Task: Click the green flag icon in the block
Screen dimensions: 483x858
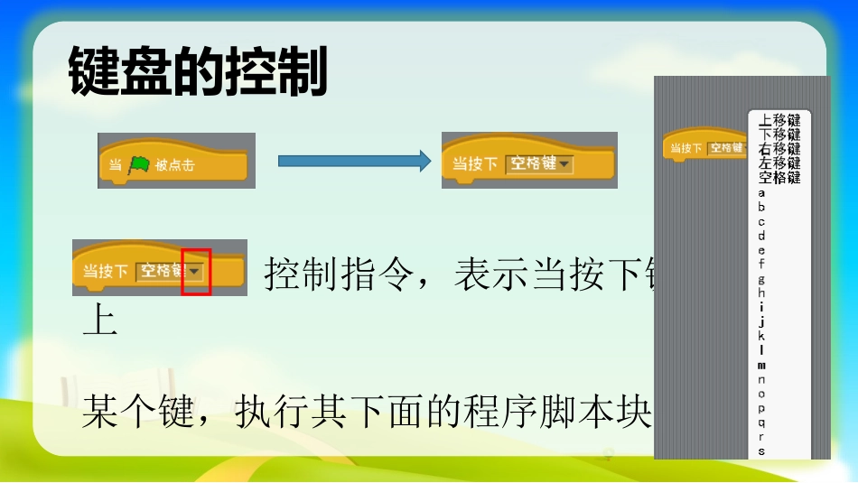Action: pos(138,164)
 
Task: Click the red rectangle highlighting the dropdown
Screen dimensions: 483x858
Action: pos(196,272)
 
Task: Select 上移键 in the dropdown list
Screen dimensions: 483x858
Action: pos(779,119)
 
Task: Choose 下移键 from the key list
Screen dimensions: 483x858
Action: pos(779,134)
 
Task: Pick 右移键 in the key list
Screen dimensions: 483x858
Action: pos(779,148)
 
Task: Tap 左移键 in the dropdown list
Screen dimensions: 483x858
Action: pos(779,163)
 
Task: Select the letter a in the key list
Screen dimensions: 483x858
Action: pos(761,192)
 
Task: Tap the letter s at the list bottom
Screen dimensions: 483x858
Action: pos(761,450)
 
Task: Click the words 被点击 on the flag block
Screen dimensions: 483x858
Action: pos(174,165)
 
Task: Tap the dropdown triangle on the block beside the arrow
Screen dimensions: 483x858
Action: pos(564,164)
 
